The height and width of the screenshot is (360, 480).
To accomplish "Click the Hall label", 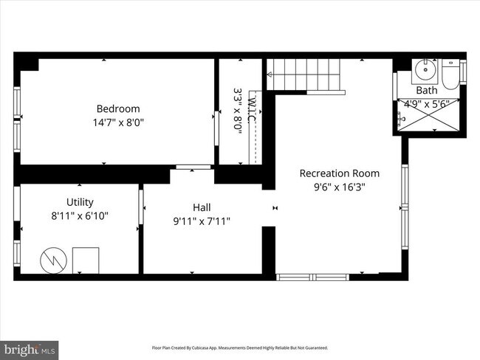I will (202, 207).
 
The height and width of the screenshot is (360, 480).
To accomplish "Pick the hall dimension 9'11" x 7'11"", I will (202, 221).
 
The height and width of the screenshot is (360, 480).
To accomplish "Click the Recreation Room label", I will (339, 173).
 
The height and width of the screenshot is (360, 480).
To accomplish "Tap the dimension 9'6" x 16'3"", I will (339, 187).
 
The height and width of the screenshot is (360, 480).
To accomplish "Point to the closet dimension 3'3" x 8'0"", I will (238, 111).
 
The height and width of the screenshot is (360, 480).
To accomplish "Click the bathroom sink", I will (423, 72).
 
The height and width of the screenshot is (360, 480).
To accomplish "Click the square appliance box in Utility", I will (85, 260).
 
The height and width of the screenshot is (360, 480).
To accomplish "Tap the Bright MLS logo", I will (30, 347).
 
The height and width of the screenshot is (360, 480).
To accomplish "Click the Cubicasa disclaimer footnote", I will (239, 347).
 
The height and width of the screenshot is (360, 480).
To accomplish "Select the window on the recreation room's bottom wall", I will (311, 277).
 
